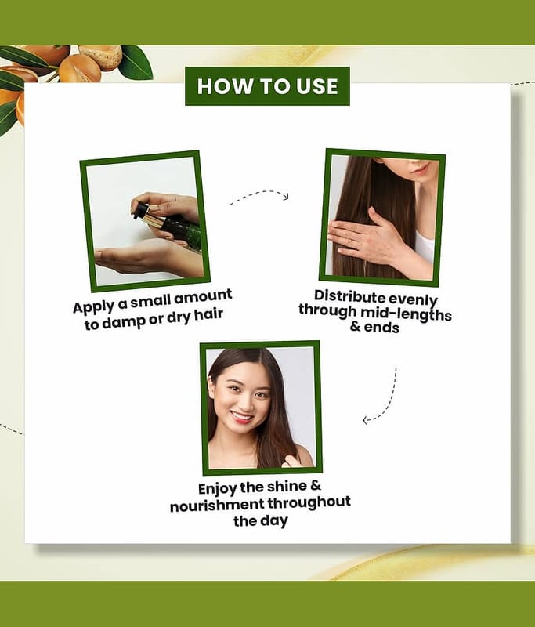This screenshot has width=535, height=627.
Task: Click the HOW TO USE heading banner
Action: (267, 86)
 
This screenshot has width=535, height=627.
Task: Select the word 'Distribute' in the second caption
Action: (349, 296)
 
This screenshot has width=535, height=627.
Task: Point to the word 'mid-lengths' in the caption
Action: (406, 314)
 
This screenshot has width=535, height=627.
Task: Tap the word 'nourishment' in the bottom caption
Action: (217, 506)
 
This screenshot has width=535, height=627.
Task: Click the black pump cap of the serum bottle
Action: (141, 210)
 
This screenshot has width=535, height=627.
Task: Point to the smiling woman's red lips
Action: (242, 417)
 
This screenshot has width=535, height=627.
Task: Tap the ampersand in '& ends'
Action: (355, 327)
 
